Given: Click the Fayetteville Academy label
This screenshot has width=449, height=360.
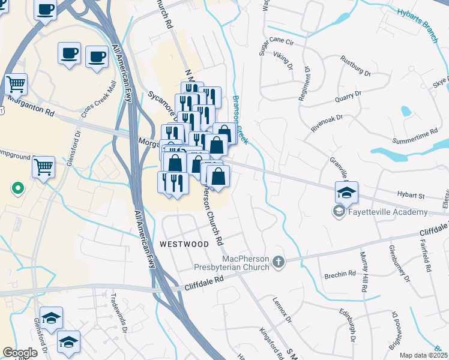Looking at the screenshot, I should (388, 212).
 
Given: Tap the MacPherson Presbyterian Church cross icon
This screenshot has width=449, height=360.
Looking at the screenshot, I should (277, 262).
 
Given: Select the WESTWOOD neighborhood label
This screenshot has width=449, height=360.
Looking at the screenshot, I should (184, 244).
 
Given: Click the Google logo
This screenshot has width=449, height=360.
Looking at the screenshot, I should (20, 352).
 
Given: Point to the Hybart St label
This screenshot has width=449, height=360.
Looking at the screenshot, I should (411, 196).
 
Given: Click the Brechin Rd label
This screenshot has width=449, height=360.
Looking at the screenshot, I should (339, 275).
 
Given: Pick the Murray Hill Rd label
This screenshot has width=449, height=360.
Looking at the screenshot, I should (364, 272).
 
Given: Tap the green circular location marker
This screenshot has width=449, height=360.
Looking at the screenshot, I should (18, 188).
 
